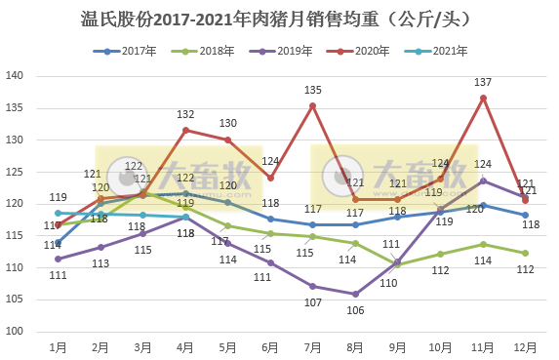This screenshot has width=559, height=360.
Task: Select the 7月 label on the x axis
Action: coord(312,345)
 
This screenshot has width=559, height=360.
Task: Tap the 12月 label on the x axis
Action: coord(525,345)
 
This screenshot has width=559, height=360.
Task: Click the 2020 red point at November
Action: coord(483,98)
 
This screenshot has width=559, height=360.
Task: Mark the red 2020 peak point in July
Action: coord(312,105)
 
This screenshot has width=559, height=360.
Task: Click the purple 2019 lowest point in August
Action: coord(355,294)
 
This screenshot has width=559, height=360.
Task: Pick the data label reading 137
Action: coord(483,82)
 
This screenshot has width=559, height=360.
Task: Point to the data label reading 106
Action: coord(355,310)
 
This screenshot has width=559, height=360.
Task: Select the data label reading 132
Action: coord(185,114)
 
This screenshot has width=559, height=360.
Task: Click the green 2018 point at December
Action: coord(525,253)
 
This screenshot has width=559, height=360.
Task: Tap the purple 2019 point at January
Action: coord(59,259)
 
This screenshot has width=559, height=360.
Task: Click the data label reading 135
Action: coord(312,90)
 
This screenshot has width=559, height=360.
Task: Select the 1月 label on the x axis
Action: coord(59,345)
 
